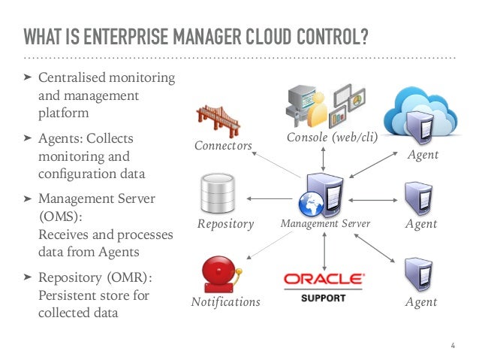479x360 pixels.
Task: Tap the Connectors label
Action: (223, 145)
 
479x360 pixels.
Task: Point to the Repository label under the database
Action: (226, 224)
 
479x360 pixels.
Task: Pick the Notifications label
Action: (225, 302)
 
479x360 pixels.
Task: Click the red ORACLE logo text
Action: (323, 279)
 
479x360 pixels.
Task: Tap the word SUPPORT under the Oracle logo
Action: (323, 298)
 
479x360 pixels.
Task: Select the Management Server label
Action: (325, 224)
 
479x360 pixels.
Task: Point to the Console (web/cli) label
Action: (331, 138)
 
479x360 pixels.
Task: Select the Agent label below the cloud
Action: (421, 155)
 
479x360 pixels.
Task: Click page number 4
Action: (453, 345)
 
